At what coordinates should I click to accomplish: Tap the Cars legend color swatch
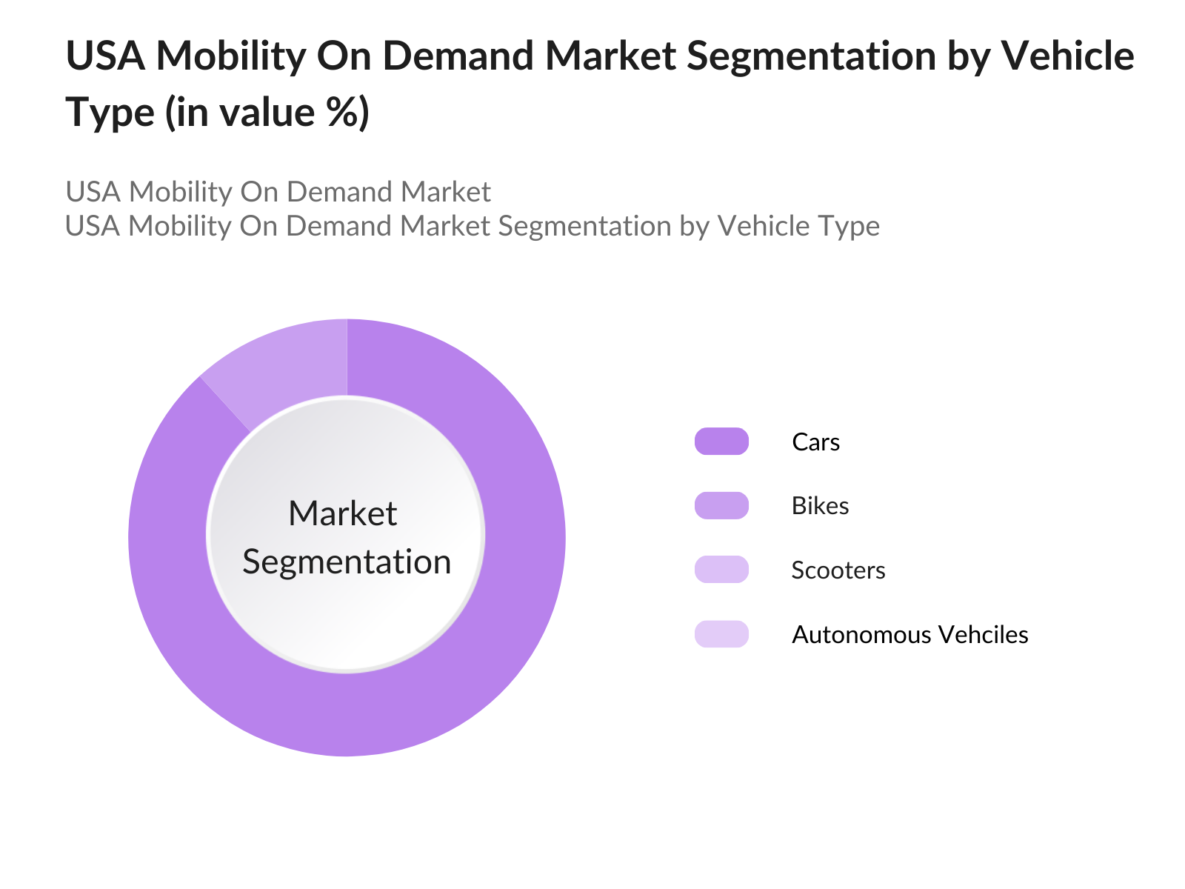point(721,442)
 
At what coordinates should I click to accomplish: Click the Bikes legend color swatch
point(721,506)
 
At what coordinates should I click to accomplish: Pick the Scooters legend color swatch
point(721,570)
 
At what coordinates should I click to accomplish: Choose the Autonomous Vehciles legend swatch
point(721,634)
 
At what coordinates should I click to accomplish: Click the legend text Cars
point(815,442)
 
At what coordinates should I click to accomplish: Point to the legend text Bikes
point(820,506)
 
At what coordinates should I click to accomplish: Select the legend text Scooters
point(838,570)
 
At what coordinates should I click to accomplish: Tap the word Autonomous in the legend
point(861,635)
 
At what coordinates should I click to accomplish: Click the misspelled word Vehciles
point(983,635)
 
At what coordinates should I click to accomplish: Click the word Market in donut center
point(342,513)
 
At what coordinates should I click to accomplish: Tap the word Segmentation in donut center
point(347,562)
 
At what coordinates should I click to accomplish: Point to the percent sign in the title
point(340,113)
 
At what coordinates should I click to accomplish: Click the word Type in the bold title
point(110,113)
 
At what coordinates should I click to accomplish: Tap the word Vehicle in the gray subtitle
point(762,226)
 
